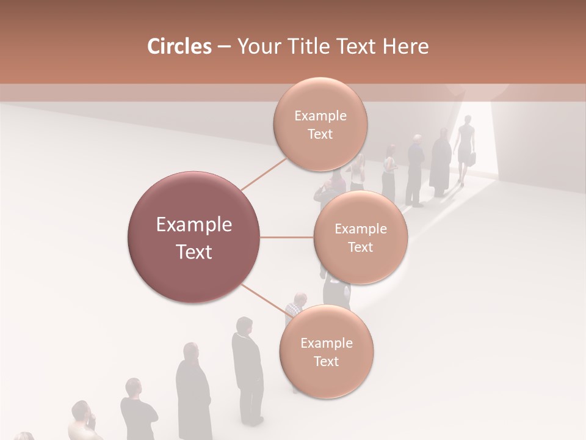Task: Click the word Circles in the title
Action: pos(179,46)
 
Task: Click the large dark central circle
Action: pos(194,237)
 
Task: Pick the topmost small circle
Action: pos(320,125)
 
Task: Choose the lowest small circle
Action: pos(326,351)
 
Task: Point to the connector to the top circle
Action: pos(263,174)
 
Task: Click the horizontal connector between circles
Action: pos(287,237)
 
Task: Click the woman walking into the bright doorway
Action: pos(465,147)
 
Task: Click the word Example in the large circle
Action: pos(194,225)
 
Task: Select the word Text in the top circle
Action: pos(320,134)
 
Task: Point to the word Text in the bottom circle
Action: pos(326,361)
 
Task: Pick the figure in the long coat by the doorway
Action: pos(440,164)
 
